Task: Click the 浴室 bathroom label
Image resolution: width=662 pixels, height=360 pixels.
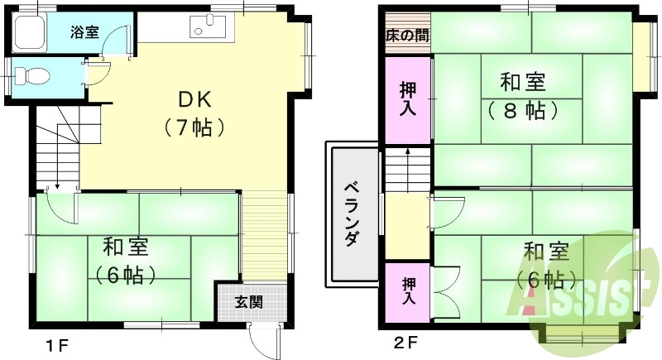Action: [x=84, y=33]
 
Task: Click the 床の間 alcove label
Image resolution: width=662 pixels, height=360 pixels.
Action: [x=406, y=36]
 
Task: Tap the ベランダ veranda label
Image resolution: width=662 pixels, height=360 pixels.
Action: [x=351, y=214]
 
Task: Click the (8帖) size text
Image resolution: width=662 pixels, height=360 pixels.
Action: [x=521, y=110]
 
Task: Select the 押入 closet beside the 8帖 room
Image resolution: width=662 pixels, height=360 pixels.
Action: [x=407, y=98]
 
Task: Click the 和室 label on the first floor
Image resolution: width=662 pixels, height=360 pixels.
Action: [x=126, y=246]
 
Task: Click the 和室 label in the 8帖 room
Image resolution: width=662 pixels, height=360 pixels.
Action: [x=522, y=82]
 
